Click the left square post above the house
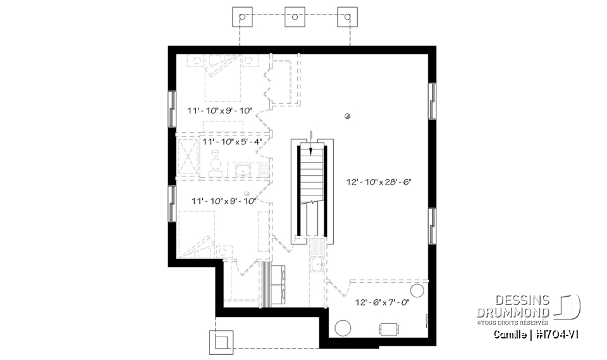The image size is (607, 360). pyautogui.click(x=242, y=17)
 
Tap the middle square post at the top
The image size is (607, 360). pyautogui.click(x=294, y=17)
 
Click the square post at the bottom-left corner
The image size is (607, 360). pyautogui.click(x=221, y=341)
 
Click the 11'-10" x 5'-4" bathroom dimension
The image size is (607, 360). pyautogui.click(x=232, y=142)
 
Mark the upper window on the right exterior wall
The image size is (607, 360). pyautogui.click(x=432, y=101)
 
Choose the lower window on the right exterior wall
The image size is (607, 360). pyautogui.click(x=432, y=226)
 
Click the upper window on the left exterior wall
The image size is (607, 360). pyautogui.click(x=172, y=109)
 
